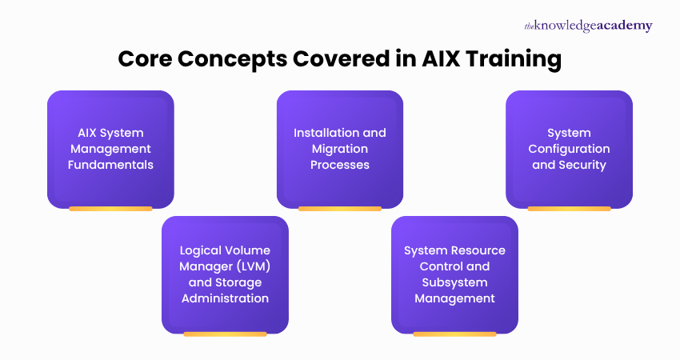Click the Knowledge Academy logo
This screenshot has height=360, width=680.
pyautogui.click(x=588, y=26)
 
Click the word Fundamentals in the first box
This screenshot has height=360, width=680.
pyautogui.click(x=110, y=165)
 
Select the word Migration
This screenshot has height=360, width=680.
pyautogui.click(x=340, y=149)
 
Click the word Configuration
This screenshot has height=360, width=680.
pyautogui.click(x=569, y=149)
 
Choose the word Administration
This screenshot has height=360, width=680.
pyautogui.click(x=225, y=298)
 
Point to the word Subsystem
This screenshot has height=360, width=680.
pyautogui.click(x=454, y=282)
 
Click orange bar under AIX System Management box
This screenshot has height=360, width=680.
pyautogui.click(x=110, y=209)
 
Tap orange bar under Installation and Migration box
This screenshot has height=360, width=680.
pyautogui.click(x=340, y=209)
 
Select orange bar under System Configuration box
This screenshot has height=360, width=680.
pyautogui.click(x=569, y=209)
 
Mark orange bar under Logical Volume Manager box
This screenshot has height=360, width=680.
pyautogui.click(x=225, y=334)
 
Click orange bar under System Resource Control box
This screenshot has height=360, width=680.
pyautogui.click(x=454, y=334)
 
